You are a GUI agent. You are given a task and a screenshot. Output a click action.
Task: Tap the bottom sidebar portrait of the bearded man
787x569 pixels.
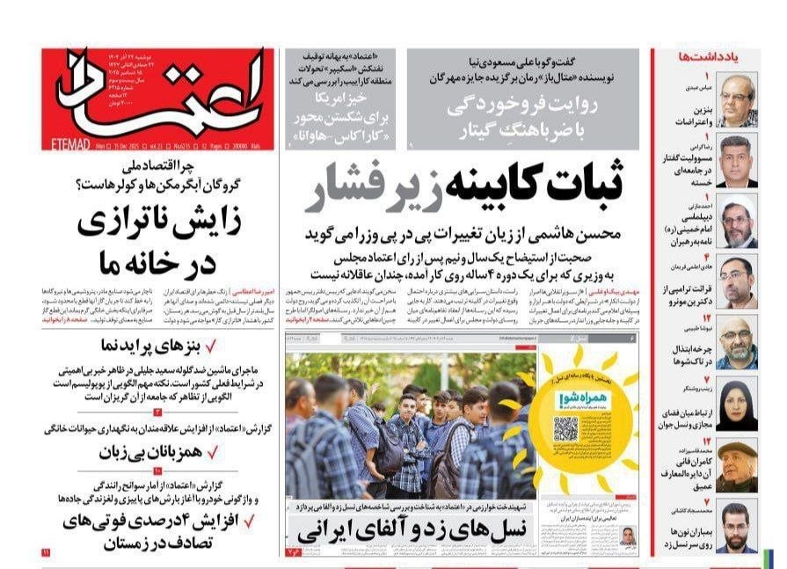[737, 526]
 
